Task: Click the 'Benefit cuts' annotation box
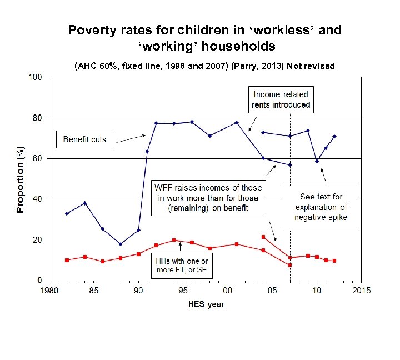click(84, 138)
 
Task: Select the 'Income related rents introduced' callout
click(281, 99)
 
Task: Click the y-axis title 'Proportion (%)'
click(21, 179)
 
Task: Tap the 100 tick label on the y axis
click(36, 77)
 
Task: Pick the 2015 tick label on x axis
click(361, 291)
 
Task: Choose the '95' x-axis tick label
click(183, 291)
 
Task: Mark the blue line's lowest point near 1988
click(121, 244)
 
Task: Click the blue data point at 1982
click(67, 213)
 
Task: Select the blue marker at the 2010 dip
click(317, 162)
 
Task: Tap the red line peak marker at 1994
click(174, 240)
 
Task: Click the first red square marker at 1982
click(67, 260)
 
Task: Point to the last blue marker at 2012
click(334, 136)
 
